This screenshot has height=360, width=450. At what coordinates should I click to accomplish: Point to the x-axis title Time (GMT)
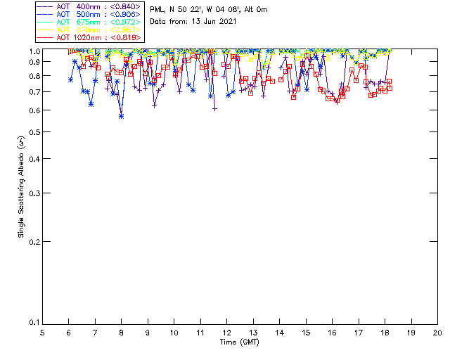pyautogui.click(x=240, y=342)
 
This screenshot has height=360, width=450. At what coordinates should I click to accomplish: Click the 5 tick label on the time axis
pyautogui.click(x=42, y=332)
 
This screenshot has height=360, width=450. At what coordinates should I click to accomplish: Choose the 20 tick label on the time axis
pyautogui.click(x=437, y=332)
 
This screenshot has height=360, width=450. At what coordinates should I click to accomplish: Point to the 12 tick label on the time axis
pyautogui.click(x=226, y=332)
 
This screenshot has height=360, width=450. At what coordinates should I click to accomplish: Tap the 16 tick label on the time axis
pyautogui.click(x=332, y=332)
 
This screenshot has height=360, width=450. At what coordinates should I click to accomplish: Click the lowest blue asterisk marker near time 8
pyautogui.click(x=121, y=116)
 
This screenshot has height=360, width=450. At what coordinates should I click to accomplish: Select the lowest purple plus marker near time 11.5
pyautogui.click(x=214, y=109)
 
